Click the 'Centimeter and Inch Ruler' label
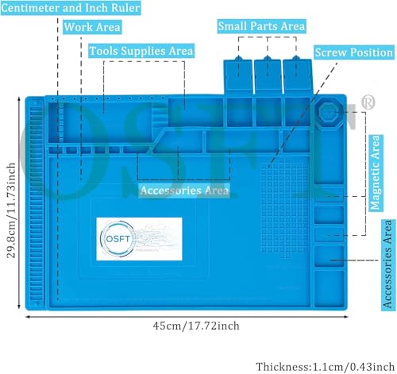[x=71, y=8]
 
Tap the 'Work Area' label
[x=92, y=27]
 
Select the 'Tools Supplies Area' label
[x=141, y=51]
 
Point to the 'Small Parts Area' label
[x=262, y=26]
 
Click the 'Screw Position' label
[x=354, y=52]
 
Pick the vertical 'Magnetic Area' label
[x=376, y=173]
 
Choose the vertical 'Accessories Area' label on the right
[x=388, y=264]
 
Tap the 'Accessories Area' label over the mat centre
[x=184, y=191]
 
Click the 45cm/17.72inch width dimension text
[x=196, y=326]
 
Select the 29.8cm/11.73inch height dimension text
[x=11, y=210]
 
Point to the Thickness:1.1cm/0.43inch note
[x=326, y=367]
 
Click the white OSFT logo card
[x=139, y=239]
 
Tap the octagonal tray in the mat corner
[x=330, y=113]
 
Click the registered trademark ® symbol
[x=368, y=102]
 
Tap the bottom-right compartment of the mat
[x=329, y=289]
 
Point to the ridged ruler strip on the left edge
[x=37, y=202]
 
